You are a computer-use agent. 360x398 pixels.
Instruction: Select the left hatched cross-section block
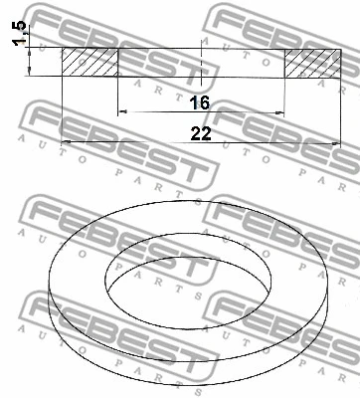[x=90, y=63]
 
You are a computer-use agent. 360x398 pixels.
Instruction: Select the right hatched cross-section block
[x=314, y=63]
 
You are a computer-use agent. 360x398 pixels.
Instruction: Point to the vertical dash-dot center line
[x=202, y=75]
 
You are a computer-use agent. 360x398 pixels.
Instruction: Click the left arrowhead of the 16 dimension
[x=122, y=113]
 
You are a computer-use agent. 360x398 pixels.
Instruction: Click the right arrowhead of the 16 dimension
[x=282, y=113]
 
